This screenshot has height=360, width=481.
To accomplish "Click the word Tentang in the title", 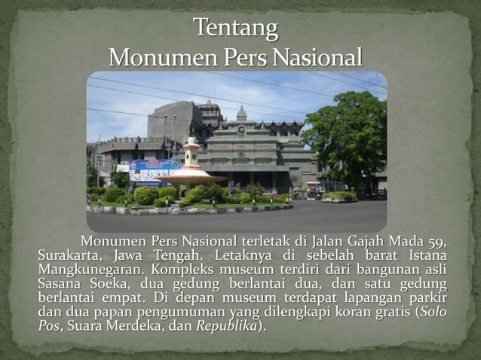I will [235, 29].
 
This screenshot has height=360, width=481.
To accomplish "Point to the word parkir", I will [427, 297].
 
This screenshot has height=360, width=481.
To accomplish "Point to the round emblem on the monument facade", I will [241, 130].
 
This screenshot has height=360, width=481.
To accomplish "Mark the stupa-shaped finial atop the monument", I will [241, 113].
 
